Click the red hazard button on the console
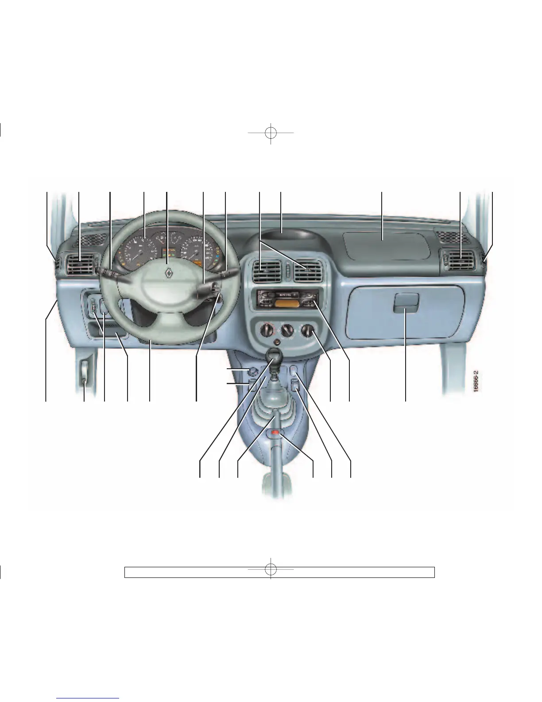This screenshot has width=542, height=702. pos(275,432)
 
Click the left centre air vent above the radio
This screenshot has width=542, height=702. pos(266,271)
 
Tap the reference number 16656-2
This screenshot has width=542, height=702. pos(476,381)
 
